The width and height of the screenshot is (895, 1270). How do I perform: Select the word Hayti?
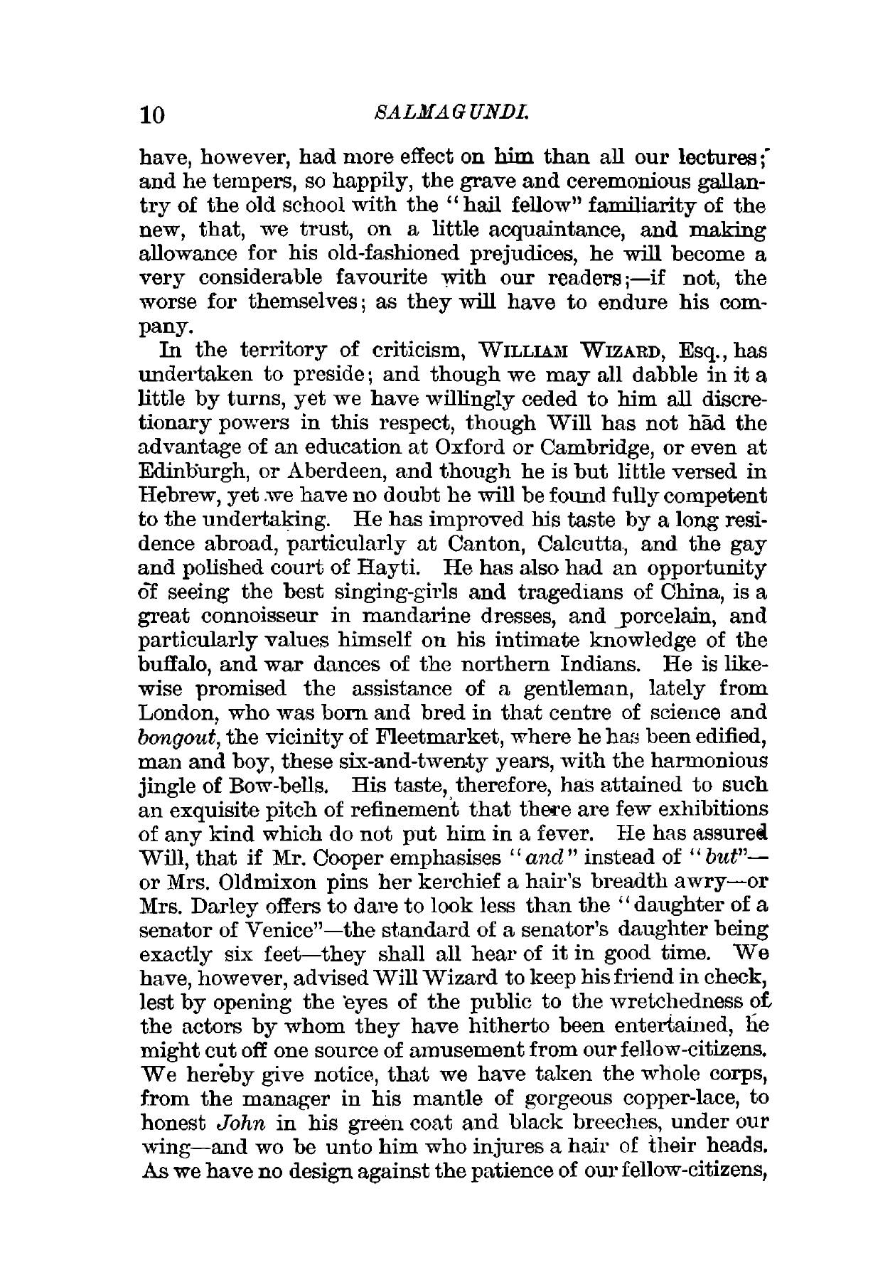click(390, 569)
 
